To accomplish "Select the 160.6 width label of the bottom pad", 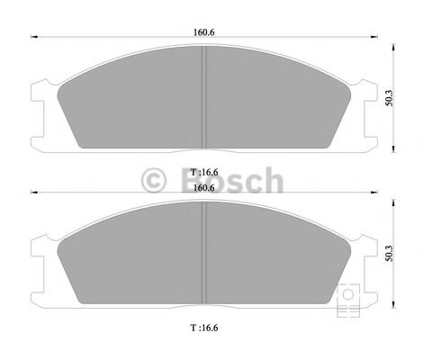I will pyautogui.click(x=204, y=187).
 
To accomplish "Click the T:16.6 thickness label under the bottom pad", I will pyautogui.click(x=204, y=327).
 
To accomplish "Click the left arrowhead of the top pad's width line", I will pyautogui.click(x=35, y=39).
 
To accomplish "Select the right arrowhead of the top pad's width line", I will pyautogui.click(x=374, y=39).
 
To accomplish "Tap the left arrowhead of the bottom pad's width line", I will pyautogui.click(x=35, y=192).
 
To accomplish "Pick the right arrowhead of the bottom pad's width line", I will pyautogui.click(x=374, y=192).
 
